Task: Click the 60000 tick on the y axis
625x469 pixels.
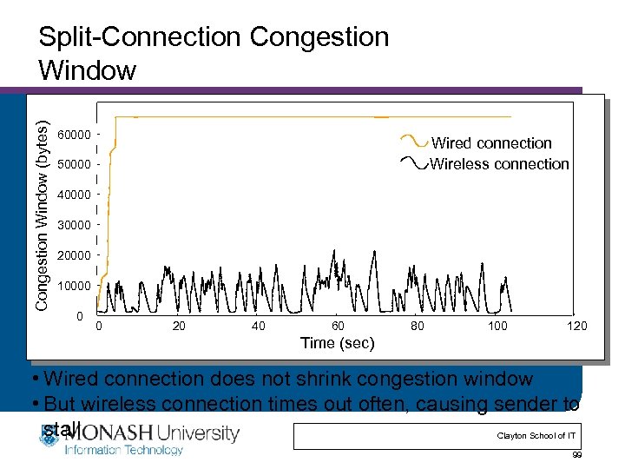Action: coord(74,135)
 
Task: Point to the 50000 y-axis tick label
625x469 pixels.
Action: coord(74,164)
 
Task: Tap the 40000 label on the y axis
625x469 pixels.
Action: coord(74,195)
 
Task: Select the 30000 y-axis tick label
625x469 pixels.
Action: coord(74,225)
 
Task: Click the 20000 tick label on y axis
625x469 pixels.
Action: coord(74,255)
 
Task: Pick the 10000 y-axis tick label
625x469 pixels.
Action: coord(74,286)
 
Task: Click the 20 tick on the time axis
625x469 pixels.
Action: coord(178,326)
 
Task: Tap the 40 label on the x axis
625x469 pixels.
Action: coord(258,326)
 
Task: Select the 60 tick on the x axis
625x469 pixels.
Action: coord(338,326)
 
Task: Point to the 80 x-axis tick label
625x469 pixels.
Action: coord(418,326)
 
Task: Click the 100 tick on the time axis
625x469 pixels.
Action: coord(497,326)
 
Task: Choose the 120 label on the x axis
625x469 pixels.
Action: coord(577,326)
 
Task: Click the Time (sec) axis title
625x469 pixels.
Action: coord(338,343)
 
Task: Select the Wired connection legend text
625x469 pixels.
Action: coord(491,143)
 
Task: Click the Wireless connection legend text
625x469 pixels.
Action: coord(500,163)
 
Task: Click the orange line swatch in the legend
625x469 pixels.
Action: coord(413,141)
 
